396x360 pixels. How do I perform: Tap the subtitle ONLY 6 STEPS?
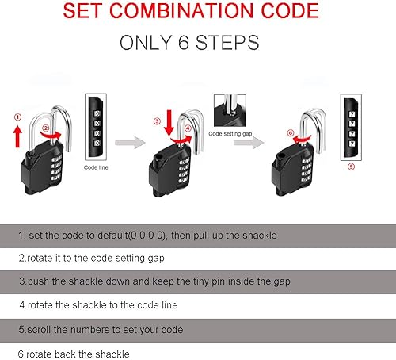pos(197,43)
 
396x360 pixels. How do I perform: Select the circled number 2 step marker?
pos(47,128)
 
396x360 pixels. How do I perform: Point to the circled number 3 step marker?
pos(157,121)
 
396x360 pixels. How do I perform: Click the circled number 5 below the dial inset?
pos(351,167)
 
